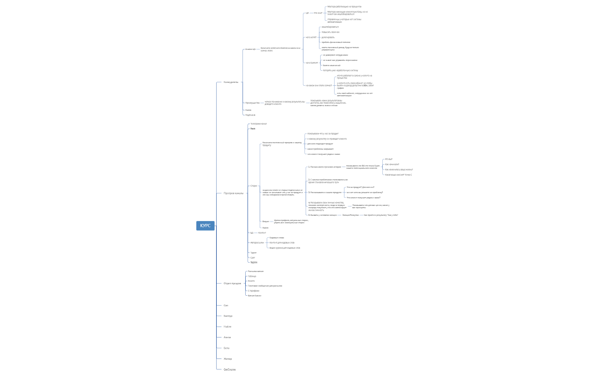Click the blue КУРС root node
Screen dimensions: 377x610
205,226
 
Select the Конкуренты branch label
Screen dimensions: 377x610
231,82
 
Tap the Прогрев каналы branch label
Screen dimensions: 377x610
234,193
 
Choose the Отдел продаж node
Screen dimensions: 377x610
232,283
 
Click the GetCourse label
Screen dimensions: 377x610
229,369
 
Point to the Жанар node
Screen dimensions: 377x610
227,358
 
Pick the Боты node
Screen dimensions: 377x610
226,348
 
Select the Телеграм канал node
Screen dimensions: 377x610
258,124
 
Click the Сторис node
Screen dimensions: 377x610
253,186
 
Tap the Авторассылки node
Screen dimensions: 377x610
257,242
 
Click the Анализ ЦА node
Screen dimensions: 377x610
250,49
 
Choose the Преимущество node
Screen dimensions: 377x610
252,103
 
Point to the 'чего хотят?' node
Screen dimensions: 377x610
311,37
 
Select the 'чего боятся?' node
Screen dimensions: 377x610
311,63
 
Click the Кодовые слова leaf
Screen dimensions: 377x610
277,238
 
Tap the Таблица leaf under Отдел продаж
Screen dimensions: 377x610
252,276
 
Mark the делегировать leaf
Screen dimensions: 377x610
328,37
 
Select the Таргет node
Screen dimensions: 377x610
253,262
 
